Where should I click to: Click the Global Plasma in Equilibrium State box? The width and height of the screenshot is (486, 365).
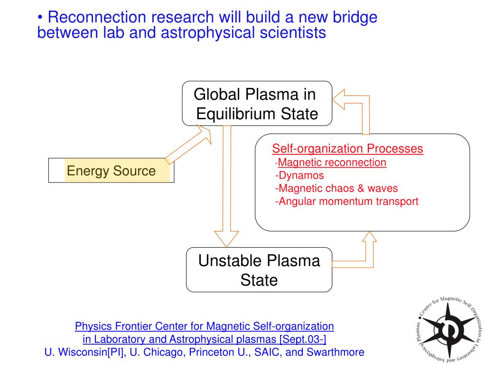(257, 104)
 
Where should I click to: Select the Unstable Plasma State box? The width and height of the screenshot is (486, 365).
(259, 269)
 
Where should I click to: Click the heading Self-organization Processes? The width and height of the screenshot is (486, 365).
(347, 149)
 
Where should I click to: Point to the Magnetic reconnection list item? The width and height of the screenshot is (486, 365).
(332, 163)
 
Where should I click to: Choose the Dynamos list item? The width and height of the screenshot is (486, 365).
(300, 175)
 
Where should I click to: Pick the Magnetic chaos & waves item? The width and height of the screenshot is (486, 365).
(336, 188)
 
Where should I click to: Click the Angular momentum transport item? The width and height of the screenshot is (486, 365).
(347, 201)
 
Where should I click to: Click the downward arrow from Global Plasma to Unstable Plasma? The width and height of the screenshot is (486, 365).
(227, 185)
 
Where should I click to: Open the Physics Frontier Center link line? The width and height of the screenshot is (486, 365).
(205, 327)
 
